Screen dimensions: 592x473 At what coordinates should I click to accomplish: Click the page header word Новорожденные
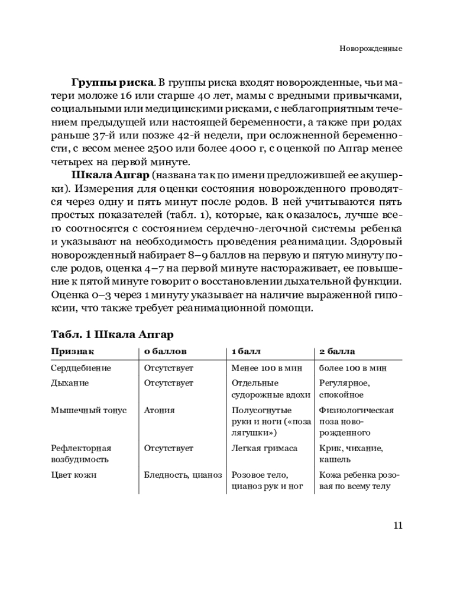coord(371,48)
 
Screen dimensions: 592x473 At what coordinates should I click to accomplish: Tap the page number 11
coord(397,525)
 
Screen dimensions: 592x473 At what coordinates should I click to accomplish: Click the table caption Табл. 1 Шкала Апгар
coord(112,335)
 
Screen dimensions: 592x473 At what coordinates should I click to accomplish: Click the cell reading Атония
coord(158,410)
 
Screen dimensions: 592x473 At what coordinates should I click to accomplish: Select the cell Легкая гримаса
coord(264,448)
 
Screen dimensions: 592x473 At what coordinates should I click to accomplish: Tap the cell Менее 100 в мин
coord(267,368)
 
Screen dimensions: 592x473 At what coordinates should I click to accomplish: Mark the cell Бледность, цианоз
coord(182,475)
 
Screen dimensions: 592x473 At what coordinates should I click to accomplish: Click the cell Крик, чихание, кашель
coord(351,453)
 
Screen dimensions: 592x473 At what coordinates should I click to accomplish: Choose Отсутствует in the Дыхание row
coord(169,382)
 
